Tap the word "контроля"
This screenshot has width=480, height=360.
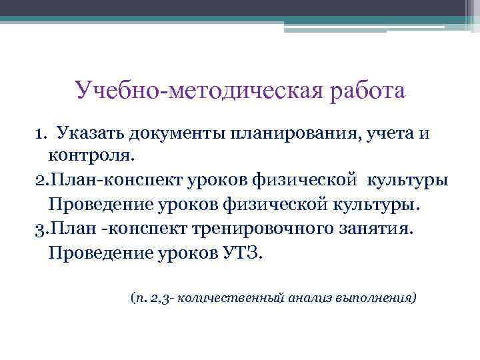point(89,157)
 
